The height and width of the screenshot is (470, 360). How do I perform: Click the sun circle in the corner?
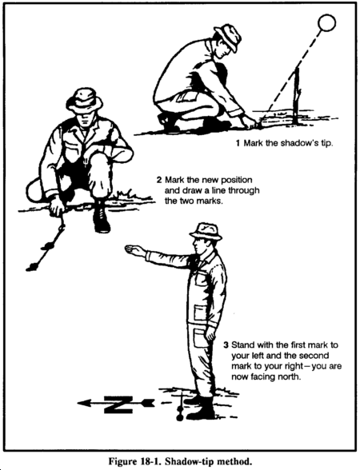(x=326, y=22)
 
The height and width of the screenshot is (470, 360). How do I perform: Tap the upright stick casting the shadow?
(x=297, y=96)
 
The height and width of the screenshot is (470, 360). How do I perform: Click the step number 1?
(x=238, y=143)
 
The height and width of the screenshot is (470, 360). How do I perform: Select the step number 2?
(x=159, y=180)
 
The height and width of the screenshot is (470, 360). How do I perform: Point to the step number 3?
(x=226, y=345)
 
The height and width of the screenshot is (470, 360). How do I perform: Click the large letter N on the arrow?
(x=118, y=404)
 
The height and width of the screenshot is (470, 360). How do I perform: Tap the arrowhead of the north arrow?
(x=85, y=403)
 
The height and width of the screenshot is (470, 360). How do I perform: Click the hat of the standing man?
(x=206, y=232)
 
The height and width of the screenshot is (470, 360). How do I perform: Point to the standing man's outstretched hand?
(x=134, y=250)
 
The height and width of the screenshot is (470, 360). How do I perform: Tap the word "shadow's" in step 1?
(x=296, y=143)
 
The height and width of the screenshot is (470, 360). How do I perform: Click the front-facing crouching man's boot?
(x=101, y=217)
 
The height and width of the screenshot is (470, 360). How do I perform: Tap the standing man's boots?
(x=200, y=408)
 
